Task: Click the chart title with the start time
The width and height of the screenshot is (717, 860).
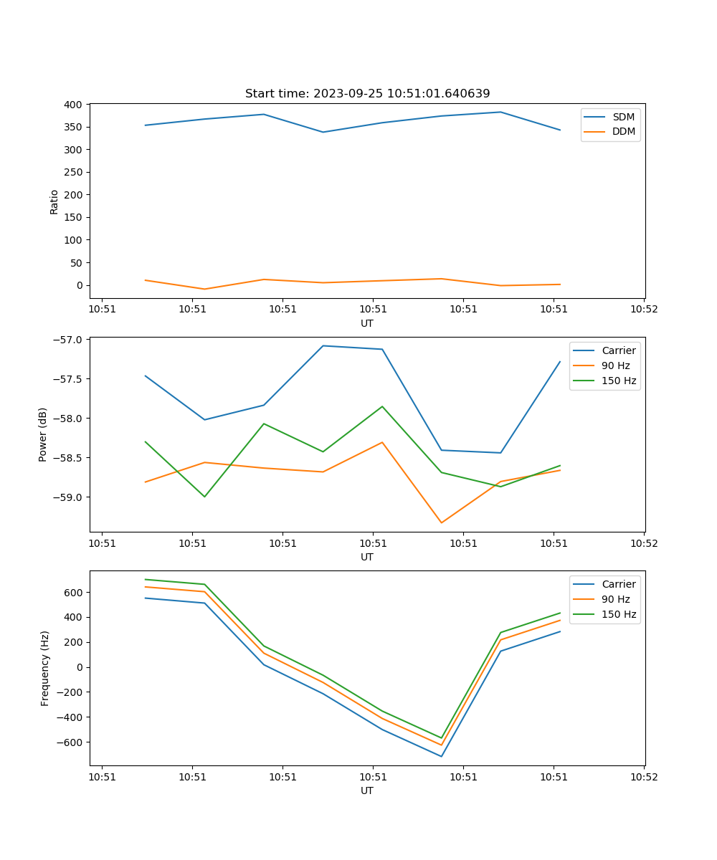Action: pyautogui.click(x=367, y=94)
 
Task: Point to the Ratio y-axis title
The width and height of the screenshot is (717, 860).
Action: pyautogui.click(x=54, y=201)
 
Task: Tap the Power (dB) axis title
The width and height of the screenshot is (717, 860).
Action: pyautogui.click(x=43, y=434)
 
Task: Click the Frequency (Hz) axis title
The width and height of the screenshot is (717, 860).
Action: pyautogui.click(x=45, y=668)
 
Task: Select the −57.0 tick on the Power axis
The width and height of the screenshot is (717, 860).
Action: pyautogui.click(x=69, y=339)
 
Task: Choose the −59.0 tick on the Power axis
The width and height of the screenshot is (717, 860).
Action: pyautogui.click(x=69, y=497)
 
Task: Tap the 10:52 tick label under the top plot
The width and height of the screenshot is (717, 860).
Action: pyautogui.click(x=643, y=310)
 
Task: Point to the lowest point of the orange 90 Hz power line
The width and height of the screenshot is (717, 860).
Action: pyautogui.click(x=441, y=522)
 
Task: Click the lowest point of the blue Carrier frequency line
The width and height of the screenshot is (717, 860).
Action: pyautogui.click(x=441, y=756)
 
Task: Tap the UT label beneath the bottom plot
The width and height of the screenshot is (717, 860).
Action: pyautogui.click(x=367, y=790)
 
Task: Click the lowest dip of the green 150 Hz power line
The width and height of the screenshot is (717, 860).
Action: pyautogui.click(x=204, y=497)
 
